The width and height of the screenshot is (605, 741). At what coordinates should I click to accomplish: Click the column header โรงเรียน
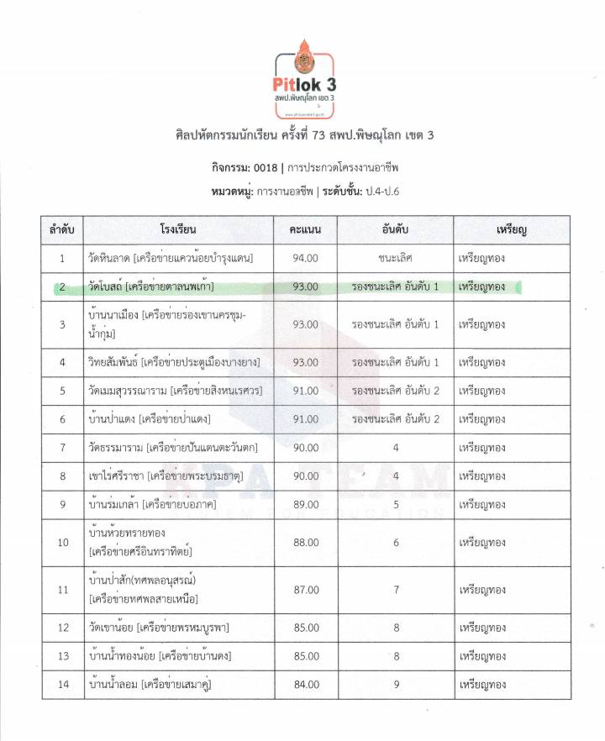(177, 229)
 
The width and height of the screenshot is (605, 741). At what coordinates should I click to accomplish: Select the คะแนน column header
(305, 229)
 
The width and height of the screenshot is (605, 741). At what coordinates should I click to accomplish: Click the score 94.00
(305, 258)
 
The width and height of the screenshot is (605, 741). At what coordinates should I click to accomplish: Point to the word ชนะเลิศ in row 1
(396, 258)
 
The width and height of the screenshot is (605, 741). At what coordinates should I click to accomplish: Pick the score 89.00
(305, 504)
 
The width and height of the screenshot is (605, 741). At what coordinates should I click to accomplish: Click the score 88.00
(305, 542)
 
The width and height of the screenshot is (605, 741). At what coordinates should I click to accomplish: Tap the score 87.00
(305, 590)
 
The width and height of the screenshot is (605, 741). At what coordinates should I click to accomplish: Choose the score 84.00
(305, 685)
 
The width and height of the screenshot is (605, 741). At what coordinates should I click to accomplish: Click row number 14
(63, 685)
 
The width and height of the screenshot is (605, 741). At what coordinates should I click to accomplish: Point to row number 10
(63, 542)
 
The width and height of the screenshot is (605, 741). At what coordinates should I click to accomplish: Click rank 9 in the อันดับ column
(396, 685)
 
